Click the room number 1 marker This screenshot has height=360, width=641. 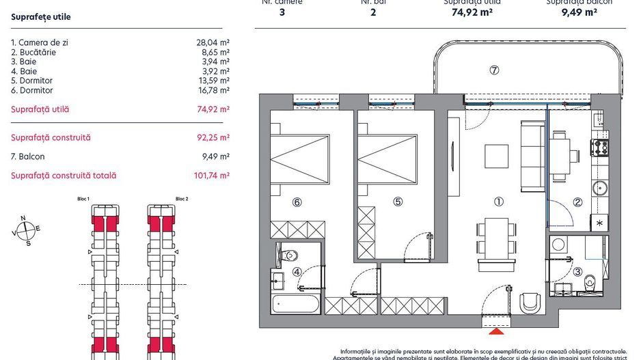499,202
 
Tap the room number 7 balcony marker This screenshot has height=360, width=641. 495,70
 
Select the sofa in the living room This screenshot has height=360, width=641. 532,156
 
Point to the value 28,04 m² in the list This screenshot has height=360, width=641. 213,42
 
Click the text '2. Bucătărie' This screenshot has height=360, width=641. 33,52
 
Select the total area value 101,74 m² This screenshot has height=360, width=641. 211,176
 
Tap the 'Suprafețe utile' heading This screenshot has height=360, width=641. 41,16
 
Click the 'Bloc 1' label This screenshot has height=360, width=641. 84,199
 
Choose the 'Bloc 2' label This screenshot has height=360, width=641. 182,199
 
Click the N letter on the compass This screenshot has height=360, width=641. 23,219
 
